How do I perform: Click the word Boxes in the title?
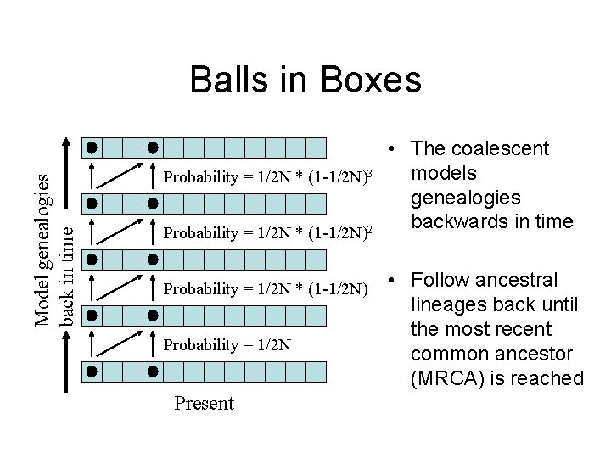(x=371, y=81)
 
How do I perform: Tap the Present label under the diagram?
(x=204, y=403)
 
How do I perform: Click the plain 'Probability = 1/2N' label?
(x=227, y=345)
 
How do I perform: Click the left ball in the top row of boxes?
(x=91, y=148)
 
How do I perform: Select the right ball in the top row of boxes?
(x=153, y=148)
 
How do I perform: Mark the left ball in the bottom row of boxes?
(x=91, y=371)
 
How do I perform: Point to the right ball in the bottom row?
(x=153, y=371)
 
